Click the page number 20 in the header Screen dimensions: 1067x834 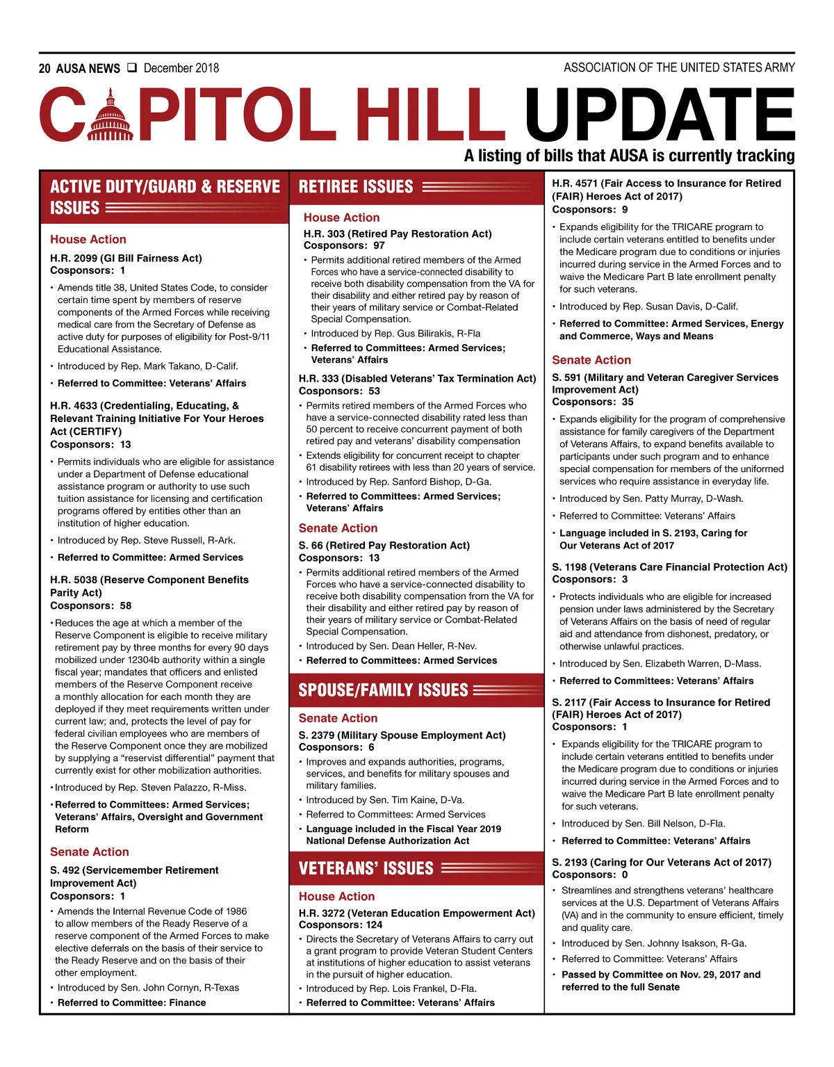[x=44, y=68]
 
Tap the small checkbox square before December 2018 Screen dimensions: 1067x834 [x=132, y=68]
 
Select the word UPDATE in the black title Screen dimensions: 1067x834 [x=659, y=115]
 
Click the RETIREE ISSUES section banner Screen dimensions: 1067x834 [x=356, y=187]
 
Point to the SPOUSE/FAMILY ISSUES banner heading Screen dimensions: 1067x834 [x=384, y=690]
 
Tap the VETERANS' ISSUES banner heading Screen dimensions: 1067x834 [x=366, y=868]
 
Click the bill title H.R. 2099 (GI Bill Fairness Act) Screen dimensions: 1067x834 [x=126, y=258]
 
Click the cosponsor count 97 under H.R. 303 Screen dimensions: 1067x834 [x=379, y=245]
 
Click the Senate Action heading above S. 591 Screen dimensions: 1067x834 [x=591, y=360]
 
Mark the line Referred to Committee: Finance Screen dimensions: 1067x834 [x=132, y=1002]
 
